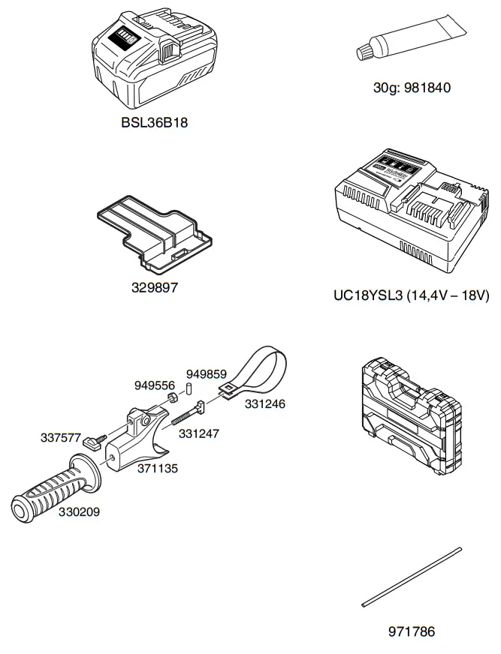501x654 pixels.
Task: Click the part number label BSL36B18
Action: tap(154, 123)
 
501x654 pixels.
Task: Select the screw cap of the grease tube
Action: tap(366, 49)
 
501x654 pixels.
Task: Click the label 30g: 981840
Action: tap(412, 88)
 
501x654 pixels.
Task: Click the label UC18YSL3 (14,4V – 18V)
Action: tap(411, 295)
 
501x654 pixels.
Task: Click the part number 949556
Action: tap(155, 385)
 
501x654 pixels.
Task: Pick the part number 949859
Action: tap(207, 373)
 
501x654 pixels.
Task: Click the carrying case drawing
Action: tap(410, 415)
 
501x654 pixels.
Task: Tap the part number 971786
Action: tap(411, 632)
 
